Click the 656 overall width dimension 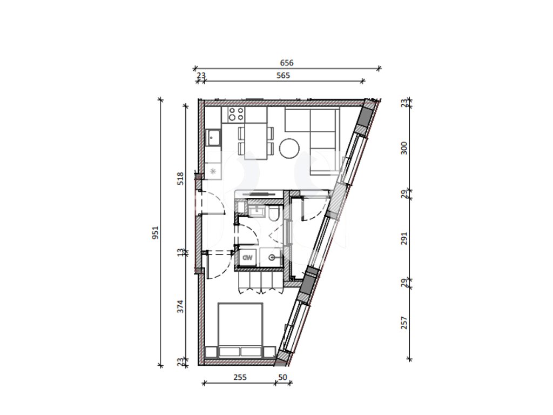tap(286, 63)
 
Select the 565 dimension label tap(283, 76)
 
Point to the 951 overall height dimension tap(156, 232)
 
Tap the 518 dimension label tap(180, 178)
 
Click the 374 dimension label tap(180, 306)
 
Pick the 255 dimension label tap(240, 377)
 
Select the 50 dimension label tap(282, 377)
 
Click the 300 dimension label tap(404, 148)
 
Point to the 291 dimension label tap(404, 238)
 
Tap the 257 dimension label tap(404, 323)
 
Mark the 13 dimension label tap(180, 253)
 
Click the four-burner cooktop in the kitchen tap(236, 115)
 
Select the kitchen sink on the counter tap(213, 137)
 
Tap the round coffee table tap(289, 148)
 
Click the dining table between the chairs tap(256, 141)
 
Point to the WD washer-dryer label tap(248, 257)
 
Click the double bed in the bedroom tap(240, 330)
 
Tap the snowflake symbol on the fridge tap(213, 171)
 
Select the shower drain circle tap(272, 258)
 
